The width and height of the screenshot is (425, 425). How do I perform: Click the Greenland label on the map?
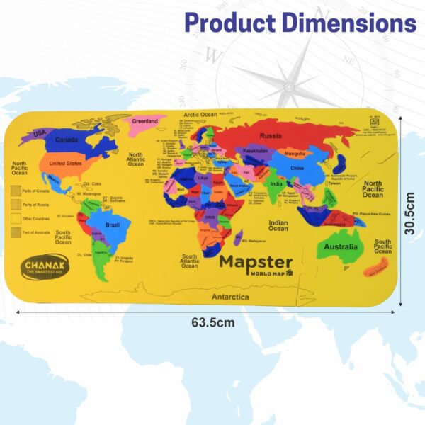click(144, 121)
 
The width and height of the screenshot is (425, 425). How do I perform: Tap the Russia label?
click(271, 135)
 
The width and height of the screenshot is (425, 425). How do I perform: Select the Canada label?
click(67, 140)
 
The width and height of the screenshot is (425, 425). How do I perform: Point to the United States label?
click(65, 163)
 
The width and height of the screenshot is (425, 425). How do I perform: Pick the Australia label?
click(341, 247)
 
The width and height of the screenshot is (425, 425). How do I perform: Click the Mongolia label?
click(295, 153)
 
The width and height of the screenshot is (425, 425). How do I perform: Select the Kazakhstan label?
click(256, 151)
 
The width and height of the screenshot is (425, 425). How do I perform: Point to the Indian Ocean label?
click(278, 225)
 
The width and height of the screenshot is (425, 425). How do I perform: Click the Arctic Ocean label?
click(200, 115)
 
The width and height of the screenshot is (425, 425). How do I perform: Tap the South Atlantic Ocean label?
click(189, 261)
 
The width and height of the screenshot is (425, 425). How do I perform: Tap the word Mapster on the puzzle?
click(255, 261)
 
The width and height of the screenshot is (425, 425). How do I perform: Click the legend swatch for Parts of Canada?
click(15, 191)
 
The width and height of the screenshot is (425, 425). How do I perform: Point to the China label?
click(297, 169)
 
